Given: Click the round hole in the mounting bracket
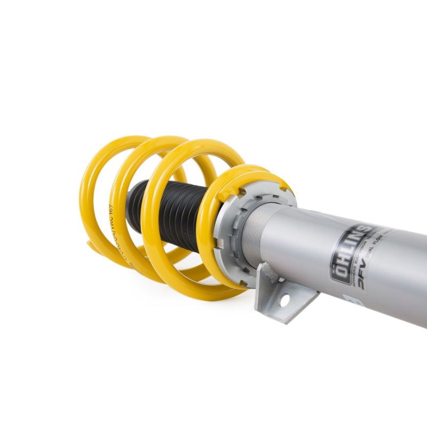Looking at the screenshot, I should pos(284,300).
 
